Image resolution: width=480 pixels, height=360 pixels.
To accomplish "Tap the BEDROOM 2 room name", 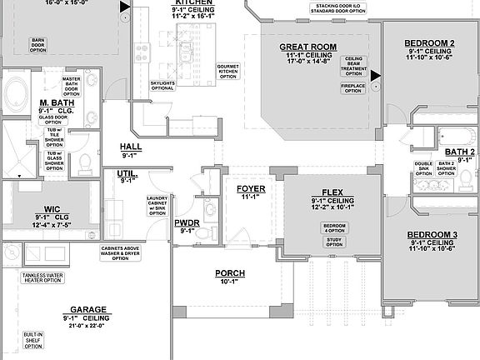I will pos(429,42).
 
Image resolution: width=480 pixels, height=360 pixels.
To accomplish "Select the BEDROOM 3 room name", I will pos(429,235).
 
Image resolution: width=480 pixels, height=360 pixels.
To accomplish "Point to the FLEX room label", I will pos(333,192).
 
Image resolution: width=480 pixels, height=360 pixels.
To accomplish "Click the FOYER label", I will pos(251,189).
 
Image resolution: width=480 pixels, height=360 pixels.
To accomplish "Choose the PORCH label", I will pos(230,273).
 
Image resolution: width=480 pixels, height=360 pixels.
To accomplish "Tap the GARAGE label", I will pos(87,308).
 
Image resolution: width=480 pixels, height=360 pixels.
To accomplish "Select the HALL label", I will pos(131,146).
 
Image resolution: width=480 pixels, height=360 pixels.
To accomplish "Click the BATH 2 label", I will pos(459,152).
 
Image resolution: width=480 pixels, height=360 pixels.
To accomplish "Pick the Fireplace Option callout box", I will pos(352,88).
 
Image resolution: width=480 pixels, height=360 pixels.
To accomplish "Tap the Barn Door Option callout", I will pos(37,44).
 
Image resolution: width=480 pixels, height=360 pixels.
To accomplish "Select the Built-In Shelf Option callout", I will pos(33,339).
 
